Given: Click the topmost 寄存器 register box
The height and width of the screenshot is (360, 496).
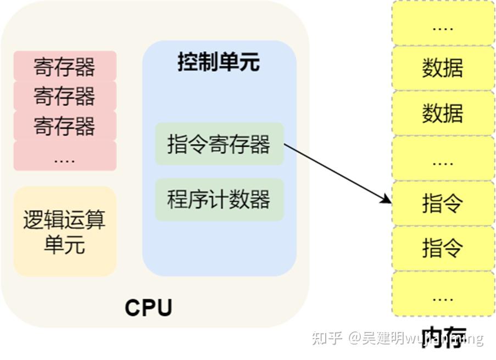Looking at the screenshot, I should coord(65,66).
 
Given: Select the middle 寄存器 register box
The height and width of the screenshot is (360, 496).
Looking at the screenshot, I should coord(65,96).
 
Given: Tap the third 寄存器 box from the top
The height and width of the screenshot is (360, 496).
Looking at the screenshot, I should coord(65,126).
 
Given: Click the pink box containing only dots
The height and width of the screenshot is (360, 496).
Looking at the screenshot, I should coord(65,156).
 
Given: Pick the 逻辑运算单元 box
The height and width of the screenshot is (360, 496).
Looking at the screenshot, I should coord(65,231).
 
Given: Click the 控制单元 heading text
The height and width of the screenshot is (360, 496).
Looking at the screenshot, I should coord(219,62).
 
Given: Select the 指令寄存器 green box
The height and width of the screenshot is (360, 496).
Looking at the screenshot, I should coord(219,145).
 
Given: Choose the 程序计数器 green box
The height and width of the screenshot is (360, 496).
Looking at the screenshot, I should coord(219,200).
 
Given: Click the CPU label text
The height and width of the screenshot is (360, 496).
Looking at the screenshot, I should coord(148,307).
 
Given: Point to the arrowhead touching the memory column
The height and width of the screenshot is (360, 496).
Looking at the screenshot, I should coord(387,201).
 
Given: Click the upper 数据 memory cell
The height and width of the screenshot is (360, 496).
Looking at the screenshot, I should coord(443,68).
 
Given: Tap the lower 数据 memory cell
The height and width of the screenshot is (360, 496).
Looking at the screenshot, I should coord(443,113).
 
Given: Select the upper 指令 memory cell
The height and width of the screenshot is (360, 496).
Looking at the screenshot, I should coord(443,203).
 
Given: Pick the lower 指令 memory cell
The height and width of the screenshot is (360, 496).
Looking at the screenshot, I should coord(443,248).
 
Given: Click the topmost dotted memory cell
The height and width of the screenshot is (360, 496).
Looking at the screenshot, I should coord(443,24).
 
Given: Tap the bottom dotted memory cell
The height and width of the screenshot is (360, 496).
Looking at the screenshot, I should coord(443,294).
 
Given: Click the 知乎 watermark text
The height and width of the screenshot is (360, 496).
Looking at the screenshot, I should coord(327,337).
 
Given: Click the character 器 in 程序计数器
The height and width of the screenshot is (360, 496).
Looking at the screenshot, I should coord(260,200).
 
